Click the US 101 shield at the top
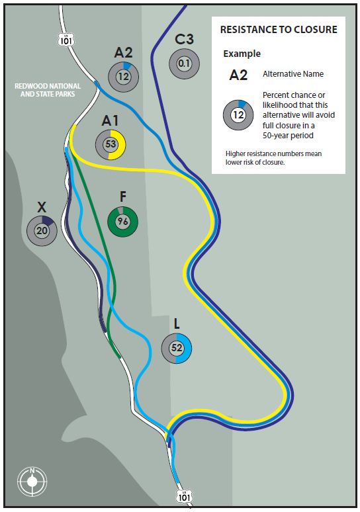[x=66, y=40]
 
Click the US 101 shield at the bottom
[x=184, y=496]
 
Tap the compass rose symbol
[x=32, y=482]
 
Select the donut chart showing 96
[x=123, y=222]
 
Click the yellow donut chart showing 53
[x=111, y=144]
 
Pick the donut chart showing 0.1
[x=184, y=64]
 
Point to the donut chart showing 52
[x=177, y=348]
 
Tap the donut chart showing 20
[x=42, y=231]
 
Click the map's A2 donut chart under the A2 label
[x=124, y=77]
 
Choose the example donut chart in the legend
[x=238, y=115]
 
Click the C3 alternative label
[x=184, y=40]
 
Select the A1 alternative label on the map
[x=110, y=121]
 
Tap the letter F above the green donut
[x=123, y=196]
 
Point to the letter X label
[x=42, y=207]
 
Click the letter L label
[x=177, y=323]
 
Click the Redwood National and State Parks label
[x=48, y=90]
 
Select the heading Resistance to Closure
[x=279, y=30]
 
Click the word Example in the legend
[x=242, y=54]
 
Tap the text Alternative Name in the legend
[x=293, y=74]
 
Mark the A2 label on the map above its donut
[x=124, y=52]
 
